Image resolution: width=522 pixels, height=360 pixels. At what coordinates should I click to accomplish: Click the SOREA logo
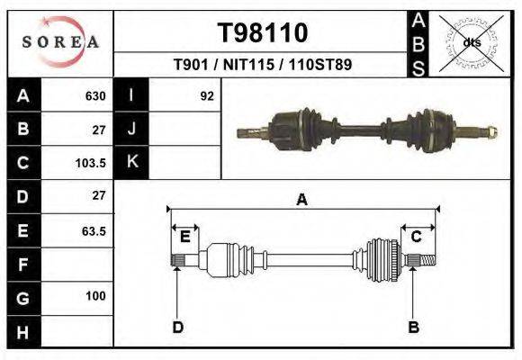pyautogui.click(x=60, y=42)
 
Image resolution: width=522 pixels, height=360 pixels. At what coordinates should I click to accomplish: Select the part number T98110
pyautogui.click(x=263, y=33)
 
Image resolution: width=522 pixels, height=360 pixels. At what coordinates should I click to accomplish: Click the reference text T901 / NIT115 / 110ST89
pyautogui.click(x=262, y=65)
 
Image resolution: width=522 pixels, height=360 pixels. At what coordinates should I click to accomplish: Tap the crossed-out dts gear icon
pyautogui.click(x=471, y=42)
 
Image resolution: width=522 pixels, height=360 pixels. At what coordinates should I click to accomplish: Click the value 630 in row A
pyautogui.click(x=95, y=95)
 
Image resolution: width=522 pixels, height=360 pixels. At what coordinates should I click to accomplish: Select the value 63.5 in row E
pyautogui.click(x=94, y=231)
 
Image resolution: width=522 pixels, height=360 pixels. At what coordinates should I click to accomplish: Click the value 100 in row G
pyautogui.click(x=95, y=296)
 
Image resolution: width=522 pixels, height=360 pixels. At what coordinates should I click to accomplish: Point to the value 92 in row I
pyautogui.click(x=207, y=95)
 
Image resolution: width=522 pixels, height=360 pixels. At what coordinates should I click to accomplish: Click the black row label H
pyautogui.click(x=22, y=331)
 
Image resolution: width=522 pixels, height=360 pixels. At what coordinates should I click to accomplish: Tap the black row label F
pyautogui.click(x=22, y=265)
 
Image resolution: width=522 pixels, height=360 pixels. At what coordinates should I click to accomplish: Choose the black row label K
pyautogui.click(x=132, y=163)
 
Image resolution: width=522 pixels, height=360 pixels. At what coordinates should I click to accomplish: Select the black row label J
pyautogui.click(x=132, y=129)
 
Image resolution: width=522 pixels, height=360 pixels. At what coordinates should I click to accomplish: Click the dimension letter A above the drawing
pyautogui.click(x=302, y=201)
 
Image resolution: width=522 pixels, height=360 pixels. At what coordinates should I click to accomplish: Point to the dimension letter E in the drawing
pyautogui.click(x=184, y=237)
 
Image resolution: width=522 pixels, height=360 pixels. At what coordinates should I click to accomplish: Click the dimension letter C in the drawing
pyautogui.click(x=417, y=237)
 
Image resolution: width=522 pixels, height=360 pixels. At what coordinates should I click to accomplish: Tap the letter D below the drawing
pyautogui.click(x=177, y=327)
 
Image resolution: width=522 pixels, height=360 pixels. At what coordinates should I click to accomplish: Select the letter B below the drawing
pyautogui.click(x=413, y=327)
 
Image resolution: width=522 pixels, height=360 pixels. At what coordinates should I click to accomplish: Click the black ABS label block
pyautogui.click(x=418, y=42)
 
